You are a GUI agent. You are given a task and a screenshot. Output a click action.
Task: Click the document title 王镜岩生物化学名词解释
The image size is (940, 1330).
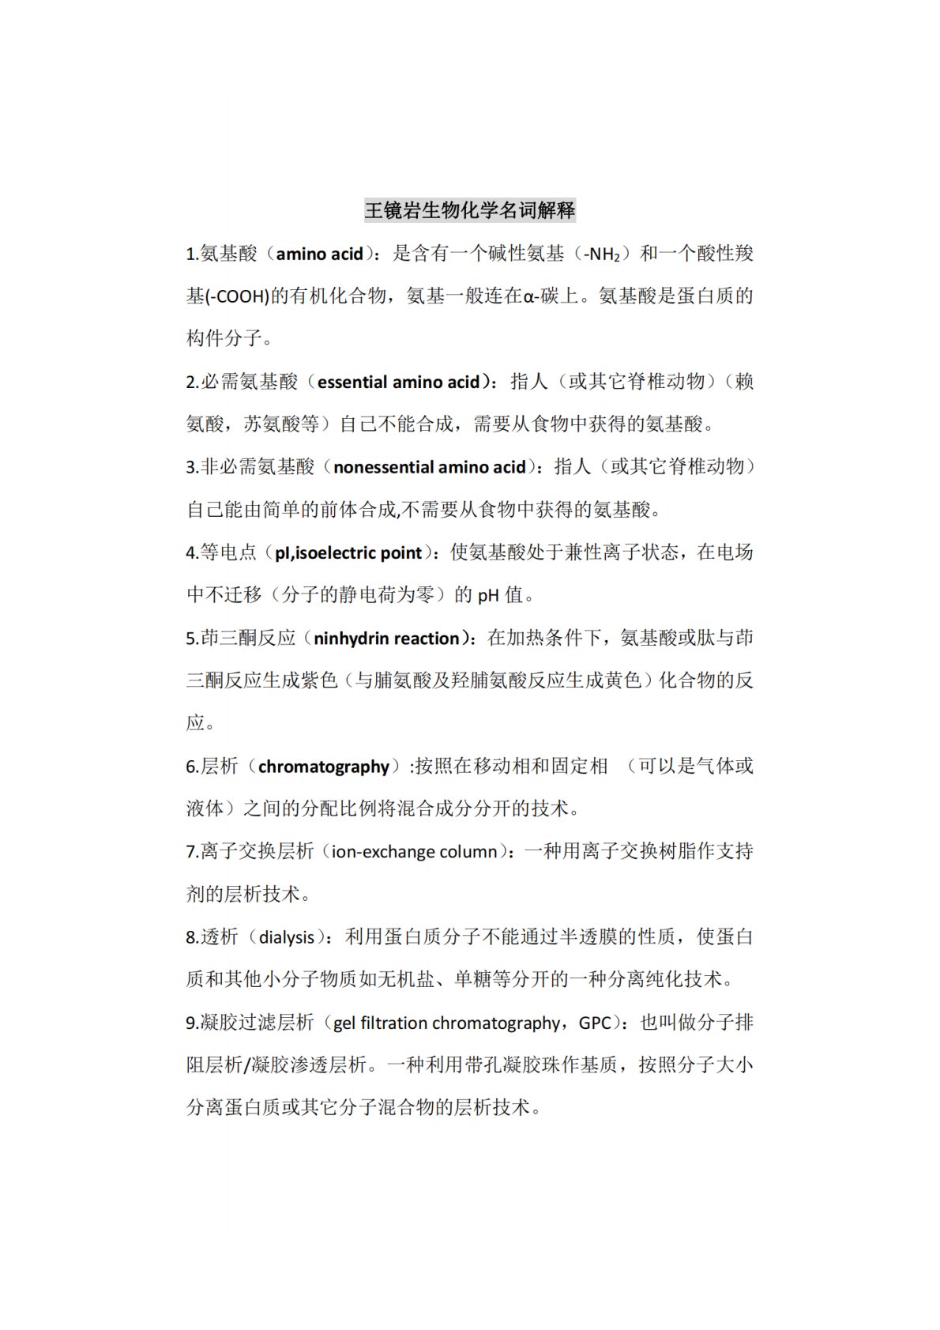tap(469, 210)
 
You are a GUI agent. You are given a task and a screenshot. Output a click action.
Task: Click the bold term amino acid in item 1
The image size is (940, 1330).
tap(319, 254)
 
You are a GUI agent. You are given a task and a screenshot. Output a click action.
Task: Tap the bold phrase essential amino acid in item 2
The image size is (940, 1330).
tap(399, 382)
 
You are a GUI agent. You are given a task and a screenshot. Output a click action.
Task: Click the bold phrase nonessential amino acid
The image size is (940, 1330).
tap(430, 467)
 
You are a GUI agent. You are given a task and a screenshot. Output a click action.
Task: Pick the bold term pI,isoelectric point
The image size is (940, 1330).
tap(348, 552)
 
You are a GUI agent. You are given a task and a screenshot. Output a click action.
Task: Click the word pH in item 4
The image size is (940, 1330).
tap(488, 595)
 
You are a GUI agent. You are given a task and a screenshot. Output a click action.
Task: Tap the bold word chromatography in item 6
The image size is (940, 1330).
tap(324, 767)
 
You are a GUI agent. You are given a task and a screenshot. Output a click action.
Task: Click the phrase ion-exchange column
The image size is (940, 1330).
tap(415, 852)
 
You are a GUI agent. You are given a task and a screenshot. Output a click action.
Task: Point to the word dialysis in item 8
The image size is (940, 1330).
tap(287, 937)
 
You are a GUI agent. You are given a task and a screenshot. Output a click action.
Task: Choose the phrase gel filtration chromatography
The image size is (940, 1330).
tap(446, 1023)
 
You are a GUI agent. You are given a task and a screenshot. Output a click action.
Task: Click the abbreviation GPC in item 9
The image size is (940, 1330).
tap(595, 1023)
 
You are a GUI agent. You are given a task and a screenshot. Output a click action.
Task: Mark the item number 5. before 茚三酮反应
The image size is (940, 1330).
tap(193, 639)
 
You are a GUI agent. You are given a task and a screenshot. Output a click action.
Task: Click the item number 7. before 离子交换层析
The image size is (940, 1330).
tap(193, 852)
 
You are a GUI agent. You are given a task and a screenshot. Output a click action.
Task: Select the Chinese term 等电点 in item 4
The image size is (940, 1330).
tap(229, 552)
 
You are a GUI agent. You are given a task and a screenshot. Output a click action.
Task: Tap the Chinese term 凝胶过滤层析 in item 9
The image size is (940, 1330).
tap(258, 1023)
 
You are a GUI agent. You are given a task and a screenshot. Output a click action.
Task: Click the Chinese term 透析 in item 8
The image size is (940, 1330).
tap(220, 937)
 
